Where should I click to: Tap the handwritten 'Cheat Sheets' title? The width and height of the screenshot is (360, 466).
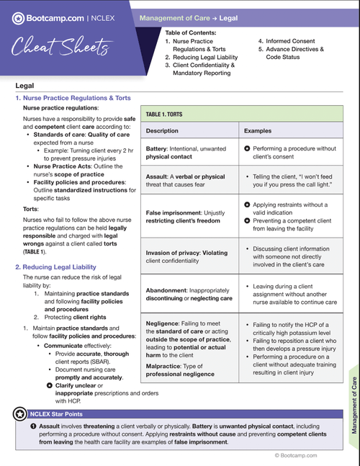point(60,49)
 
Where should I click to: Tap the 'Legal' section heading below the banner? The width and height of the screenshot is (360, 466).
point(24,85)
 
